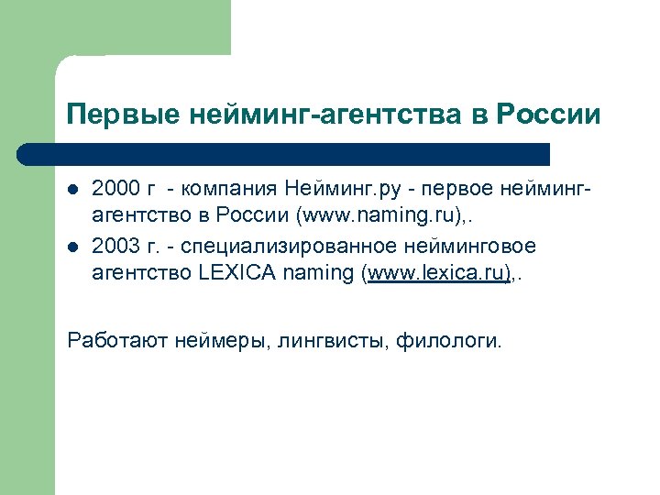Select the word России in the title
tap(548, 115)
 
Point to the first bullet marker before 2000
tap(73, 192)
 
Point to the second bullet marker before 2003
tap(73, 248)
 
